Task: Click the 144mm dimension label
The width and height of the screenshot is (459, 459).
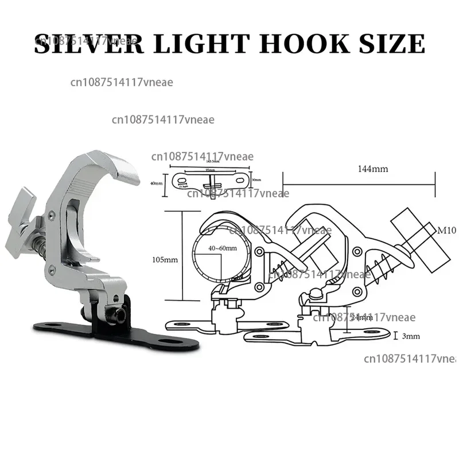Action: point(373,169)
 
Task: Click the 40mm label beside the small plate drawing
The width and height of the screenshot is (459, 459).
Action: point(155,184)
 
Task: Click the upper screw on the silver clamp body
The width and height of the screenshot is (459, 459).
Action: point(53,215)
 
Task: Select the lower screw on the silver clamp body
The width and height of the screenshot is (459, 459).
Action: point(53,267)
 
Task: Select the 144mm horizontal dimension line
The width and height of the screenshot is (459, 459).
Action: point(359,184)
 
